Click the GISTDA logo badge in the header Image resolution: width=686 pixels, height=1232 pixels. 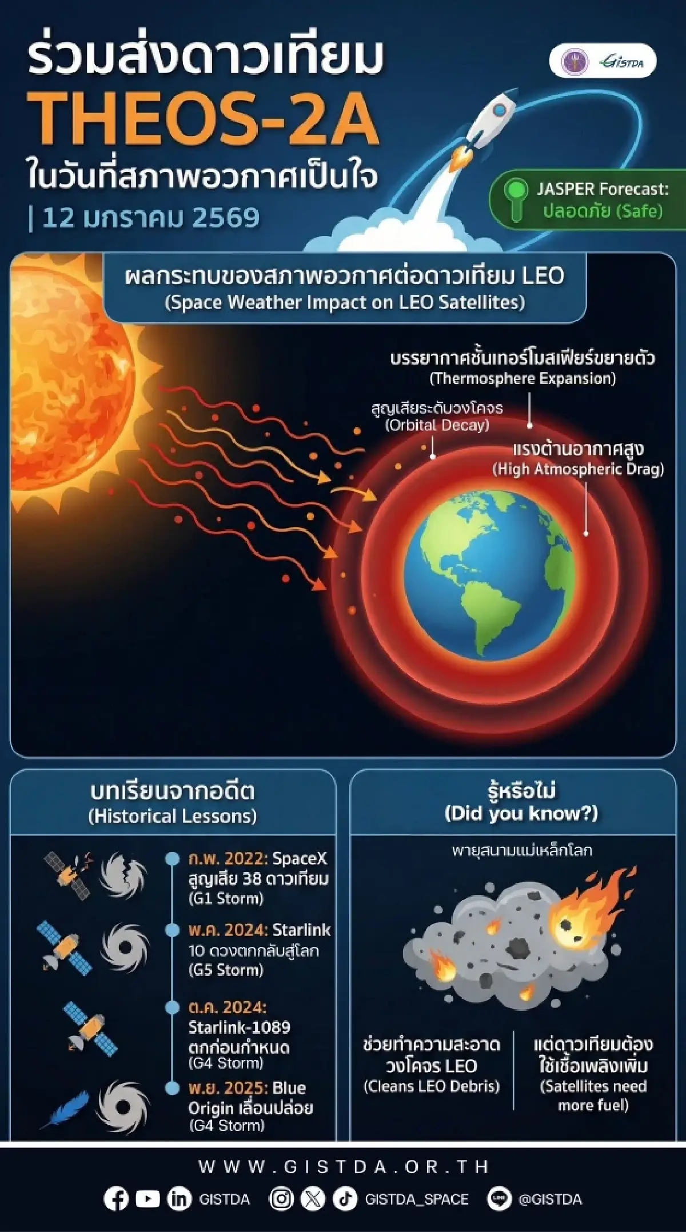click(603, 61)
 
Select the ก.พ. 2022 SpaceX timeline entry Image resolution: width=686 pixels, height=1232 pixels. click(258, 878)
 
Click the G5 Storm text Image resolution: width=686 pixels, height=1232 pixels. click(226, 970)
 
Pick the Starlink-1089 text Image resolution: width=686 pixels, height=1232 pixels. click(240, 1027)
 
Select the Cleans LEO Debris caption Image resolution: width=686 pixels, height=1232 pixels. click(432, 1086)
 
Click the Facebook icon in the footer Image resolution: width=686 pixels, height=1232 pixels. click(116, 1199)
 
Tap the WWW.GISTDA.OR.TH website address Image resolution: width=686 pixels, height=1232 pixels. click(343, 1166)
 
